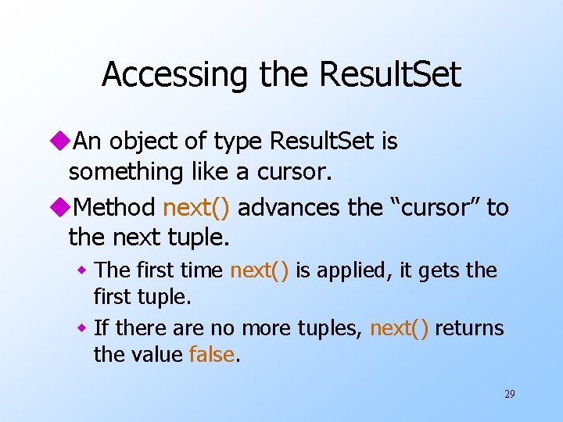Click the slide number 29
pyautogui.click(x=509, y=394)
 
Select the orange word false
pyautogui.click(x=212, y=354)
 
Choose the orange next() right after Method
pyautogui.click(x=196, y=208)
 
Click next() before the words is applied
pyautogui.click(x=260, y=270)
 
